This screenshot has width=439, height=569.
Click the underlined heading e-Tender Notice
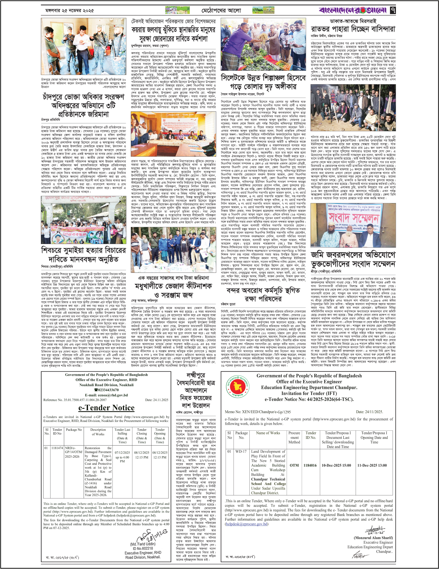point(106,408)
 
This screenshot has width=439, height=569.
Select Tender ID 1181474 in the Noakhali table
point(57,448)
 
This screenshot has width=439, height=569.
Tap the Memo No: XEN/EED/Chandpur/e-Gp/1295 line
point(257,412)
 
